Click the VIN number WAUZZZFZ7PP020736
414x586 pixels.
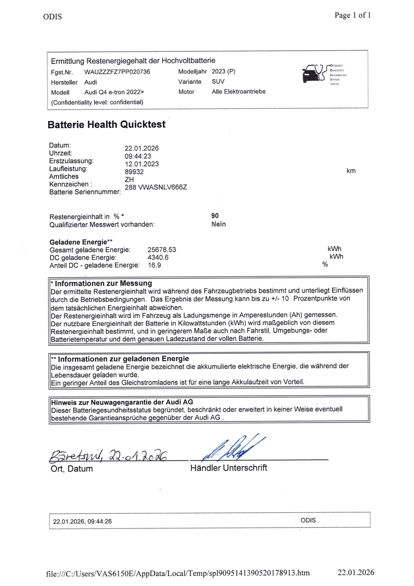coord(117,72)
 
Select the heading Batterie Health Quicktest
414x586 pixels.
coord(106,125)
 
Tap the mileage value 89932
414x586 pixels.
coord(134,172)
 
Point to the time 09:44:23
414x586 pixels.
coord(138,156)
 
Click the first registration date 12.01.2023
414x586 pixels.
coord(142,164)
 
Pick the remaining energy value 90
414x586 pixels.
coord(215,216)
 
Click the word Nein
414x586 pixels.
coord(218,224)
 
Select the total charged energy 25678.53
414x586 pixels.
coord(162,250)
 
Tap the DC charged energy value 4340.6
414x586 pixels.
coord(158,258)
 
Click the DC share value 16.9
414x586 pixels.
coord(154,265)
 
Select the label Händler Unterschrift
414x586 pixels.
coord(229,468)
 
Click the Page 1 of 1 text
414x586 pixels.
coord(352,15)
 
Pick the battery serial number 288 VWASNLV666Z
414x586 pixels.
coord(156,187)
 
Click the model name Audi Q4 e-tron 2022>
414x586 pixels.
coord(114,92)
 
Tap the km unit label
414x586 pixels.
coord(351,171)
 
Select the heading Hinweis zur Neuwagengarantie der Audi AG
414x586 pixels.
coord(122,402)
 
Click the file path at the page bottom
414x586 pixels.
coord(178,573)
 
